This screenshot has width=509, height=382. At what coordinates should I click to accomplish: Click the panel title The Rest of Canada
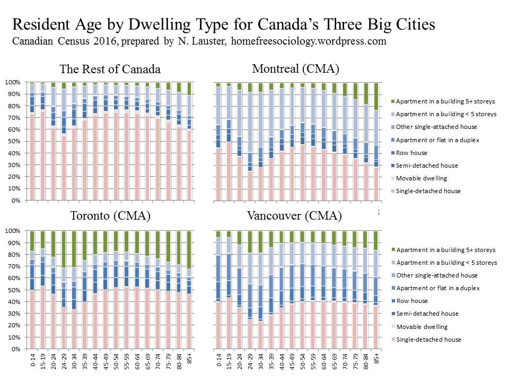tap(110, 70)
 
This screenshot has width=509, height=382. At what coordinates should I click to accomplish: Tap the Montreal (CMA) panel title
tap(295, 68)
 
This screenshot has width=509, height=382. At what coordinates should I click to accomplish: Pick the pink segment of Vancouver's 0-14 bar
tap(218, 326)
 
